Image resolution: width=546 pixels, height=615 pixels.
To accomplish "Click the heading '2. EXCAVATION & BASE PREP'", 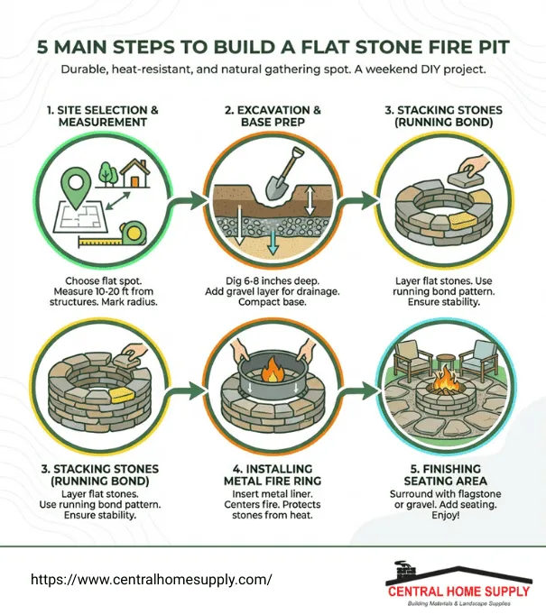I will [273, 117].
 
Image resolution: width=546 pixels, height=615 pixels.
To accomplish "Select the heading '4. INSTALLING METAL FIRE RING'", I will [273, 475].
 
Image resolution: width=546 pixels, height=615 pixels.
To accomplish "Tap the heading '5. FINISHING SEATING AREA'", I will [444, 475].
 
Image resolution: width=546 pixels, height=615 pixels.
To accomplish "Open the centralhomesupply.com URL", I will [151, 580].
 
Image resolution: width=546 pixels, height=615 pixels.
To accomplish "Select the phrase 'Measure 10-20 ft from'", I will [101, 292].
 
